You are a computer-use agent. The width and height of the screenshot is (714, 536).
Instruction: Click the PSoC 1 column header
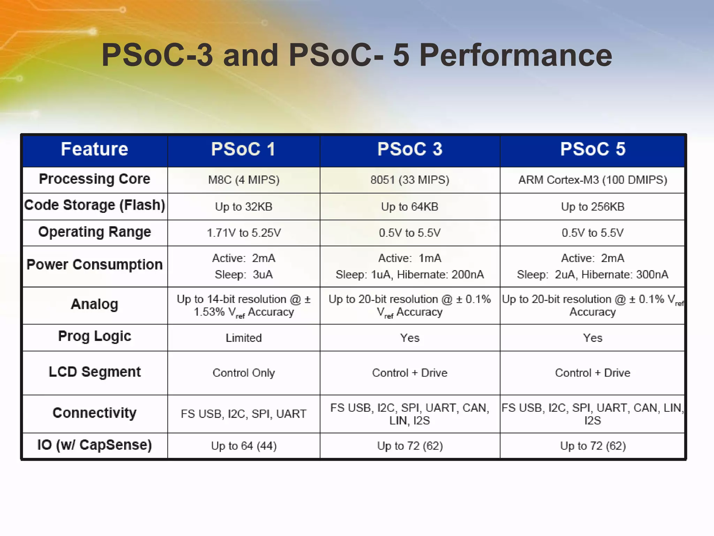tap(243, 149)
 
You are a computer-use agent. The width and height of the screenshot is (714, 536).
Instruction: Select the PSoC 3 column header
tap(410, 149)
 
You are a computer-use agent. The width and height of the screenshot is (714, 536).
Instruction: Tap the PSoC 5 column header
tap(593, 149)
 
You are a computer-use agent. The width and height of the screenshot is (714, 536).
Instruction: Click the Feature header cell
tap(94, 149)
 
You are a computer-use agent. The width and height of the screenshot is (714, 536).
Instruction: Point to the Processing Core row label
tap(94, 179)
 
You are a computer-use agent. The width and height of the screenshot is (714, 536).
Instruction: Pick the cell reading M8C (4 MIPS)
tap(244, 180)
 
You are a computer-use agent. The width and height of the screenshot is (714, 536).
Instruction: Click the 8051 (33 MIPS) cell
tap(410, 180)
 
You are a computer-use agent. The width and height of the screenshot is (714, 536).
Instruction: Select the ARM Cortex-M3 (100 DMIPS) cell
tap(593, 180)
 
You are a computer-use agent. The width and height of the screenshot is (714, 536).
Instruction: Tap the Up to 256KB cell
tap(593, 207)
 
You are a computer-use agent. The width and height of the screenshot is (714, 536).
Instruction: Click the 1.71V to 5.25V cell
tap(244, 233)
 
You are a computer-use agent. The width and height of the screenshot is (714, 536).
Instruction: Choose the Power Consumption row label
tap(94, 265)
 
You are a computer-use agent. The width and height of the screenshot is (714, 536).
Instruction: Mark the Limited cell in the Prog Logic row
tap(244, 338)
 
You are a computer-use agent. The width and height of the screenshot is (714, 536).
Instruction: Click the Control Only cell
tap(244, 373)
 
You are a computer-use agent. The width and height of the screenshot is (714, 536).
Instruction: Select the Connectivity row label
tap(94, 413)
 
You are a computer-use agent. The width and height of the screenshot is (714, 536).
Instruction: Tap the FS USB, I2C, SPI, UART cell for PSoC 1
tap(244, 414)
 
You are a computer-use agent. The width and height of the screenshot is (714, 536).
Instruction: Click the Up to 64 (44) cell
tap(244, 446)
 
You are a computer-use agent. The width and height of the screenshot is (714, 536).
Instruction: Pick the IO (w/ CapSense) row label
tap(94, 445)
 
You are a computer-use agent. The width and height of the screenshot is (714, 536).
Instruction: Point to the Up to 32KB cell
tap(244, 207)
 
